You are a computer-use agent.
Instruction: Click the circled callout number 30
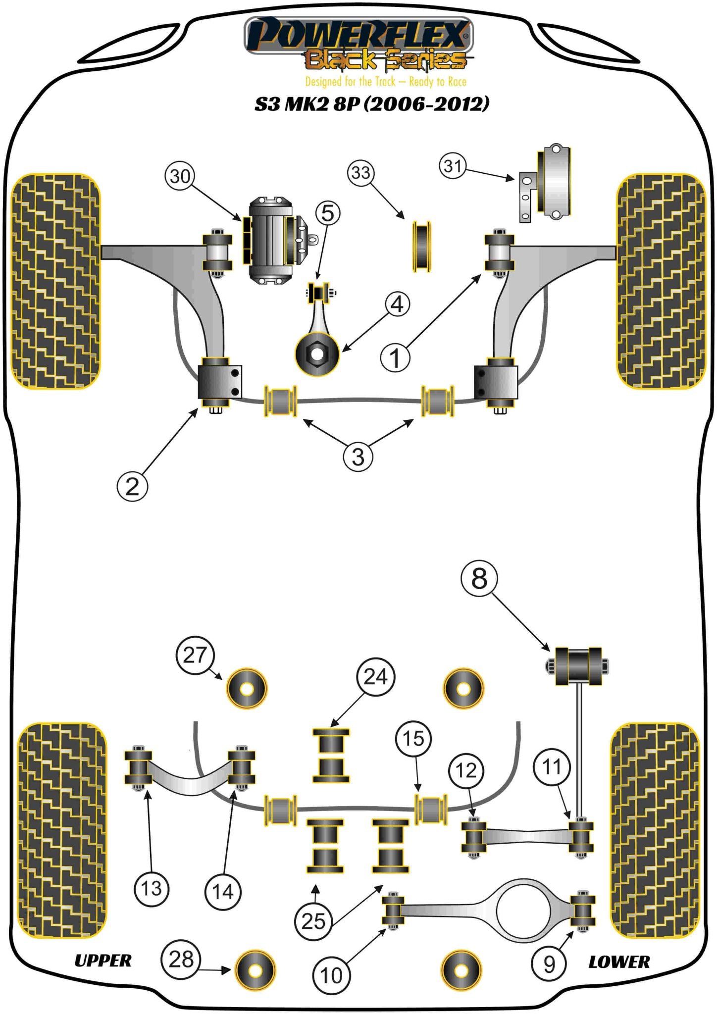coord(180,176)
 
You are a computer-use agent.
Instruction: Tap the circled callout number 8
coord(479,578)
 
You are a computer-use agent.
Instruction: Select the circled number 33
coord(361,173)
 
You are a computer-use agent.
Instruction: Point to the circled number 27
coord(195,655)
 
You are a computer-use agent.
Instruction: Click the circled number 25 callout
coord(313,921)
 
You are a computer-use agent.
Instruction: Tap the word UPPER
coord(103,961)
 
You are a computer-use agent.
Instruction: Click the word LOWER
coord(619,962)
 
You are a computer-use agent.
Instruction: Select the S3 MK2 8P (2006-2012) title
coord(372,104)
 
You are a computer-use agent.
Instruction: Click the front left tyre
coord(55,281)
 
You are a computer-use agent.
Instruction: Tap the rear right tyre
coord(655,830)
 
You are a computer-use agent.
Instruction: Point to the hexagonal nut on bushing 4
coord(316,354)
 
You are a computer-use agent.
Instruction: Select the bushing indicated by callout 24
coord(331,756)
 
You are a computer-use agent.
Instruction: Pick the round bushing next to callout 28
coord(255,970)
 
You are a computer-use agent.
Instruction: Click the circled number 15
coord(413,739)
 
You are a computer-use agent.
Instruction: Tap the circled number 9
coord(549,964)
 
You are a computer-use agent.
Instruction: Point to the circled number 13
coord(152,888)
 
